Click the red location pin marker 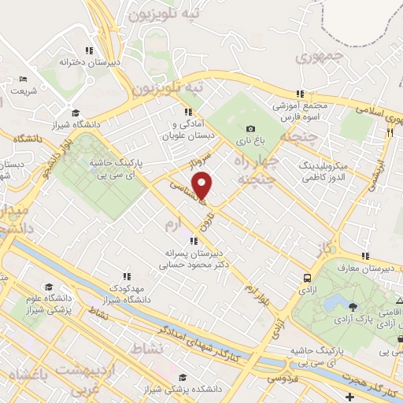204,185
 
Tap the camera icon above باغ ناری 250,129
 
